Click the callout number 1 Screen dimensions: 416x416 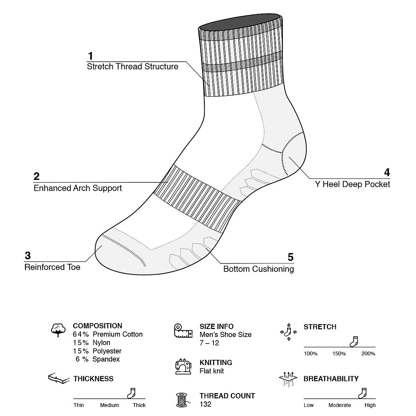(90, 56)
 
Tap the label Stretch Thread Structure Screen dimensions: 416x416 (132, 67)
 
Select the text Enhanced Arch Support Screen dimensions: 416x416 (78, 188)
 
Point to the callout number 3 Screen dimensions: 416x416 (28, 256)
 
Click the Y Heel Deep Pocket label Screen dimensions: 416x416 (352, 184)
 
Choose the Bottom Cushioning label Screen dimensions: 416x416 (258, 269)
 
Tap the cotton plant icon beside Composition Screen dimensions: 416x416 (58, 330)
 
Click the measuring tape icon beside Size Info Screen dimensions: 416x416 (183, 331)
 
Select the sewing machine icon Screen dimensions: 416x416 (183, 366)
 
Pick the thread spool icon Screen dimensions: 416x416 (182, 400)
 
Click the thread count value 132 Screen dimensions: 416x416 (205, 404)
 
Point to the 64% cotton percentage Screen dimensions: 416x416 (81, 335)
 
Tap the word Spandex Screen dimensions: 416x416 (106, 359)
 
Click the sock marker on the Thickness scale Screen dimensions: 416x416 (131, 393)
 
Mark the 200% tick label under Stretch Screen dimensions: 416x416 (368, 354)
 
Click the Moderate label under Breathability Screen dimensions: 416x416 (339, 405)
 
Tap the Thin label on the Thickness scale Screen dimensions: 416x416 (79, 405)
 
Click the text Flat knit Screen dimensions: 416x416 (211, 371)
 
